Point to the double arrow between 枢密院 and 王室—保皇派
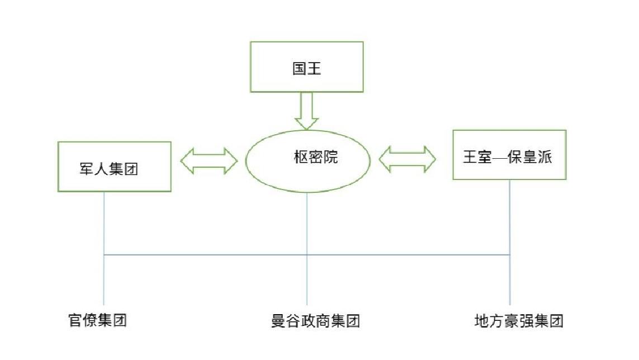407,159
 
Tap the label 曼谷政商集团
316,321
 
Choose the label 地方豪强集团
518,321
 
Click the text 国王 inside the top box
306,69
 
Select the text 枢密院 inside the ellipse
308,158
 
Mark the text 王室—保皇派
508,157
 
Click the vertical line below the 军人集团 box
105,224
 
